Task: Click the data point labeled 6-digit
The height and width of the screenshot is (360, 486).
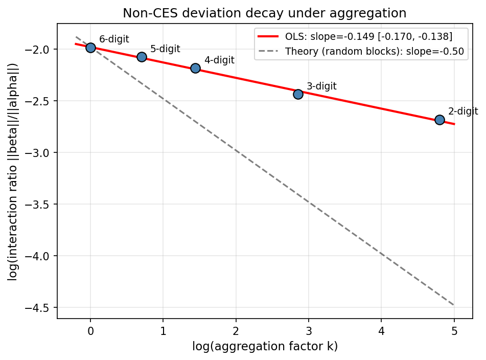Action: pos(90,48)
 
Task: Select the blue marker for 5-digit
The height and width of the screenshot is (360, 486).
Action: pos(142,57)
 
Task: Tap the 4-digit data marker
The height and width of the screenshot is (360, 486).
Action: pos(195,68)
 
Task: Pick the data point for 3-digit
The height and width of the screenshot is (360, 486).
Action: pos(298,94)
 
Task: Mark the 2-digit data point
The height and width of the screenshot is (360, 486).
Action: pos(439,120)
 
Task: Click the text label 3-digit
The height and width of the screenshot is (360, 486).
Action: pos(321,86)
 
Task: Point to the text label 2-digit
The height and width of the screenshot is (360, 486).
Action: pos(463,111)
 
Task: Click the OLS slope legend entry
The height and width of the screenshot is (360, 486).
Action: pos(368,37)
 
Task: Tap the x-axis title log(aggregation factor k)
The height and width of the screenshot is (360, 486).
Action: pos(265,347)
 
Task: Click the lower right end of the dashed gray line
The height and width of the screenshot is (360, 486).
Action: pos(453,305)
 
